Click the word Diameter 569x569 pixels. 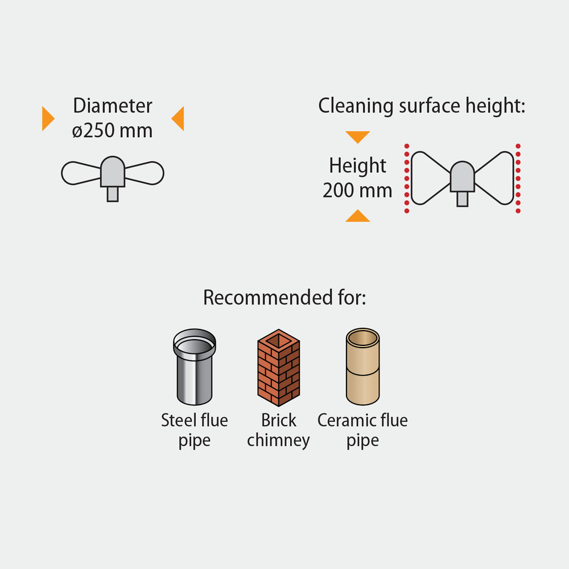point(113,106)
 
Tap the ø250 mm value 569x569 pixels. point(113,130)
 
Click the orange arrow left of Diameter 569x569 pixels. point(48,119)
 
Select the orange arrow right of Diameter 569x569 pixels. point(178,118)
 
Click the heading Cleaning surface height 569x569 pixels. point(422,106)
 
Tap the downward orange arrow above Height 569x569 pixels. point(357,137)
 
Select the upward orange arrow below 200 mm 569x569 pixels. point(357,216)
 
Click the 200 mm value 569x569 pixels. point(357,190)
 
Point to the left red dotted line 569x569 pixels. point(406,179)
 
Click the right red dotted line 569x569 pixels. point(518,179)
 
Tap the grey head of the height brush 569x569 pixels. point(462,177)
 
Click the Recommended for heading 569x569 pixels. point(284,298)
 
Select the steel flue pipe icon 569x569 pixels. point(194,366)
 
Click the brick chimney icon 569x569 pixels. point(278,368)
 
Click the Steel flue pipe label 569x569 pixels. point(194,430)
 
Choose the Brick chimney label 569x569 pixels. point(278,430)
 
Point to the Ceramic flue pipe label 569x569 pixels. point(362,430)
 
